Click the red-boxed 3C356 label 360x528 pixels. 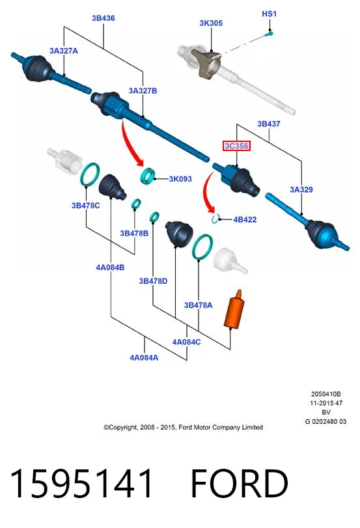236,146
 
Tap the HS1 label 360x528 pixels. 269,14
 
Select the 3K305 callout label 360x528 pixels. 211,23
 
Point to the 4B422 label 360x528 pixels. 245,219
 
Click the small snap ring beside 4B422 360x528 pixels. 215,219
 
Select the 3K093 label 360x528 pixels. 180,179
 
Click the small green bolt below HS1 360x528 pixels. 269,33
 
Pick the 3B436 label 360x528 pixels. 104,18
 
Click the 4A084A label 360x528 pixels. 144,357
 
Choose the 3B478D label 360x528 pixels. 153,281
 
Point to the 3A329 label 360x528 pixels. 301,189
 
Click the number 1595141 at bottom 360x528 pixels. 81,483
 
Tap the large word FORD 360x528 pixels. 240,483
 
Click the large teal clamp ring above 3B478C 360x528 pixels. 90,174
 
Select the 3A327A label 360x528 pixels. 64,51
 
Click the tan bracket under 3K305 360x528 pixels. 206,63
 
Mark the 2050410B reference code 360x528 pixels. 325,394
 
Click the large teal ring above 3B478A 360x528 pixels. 202,247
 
